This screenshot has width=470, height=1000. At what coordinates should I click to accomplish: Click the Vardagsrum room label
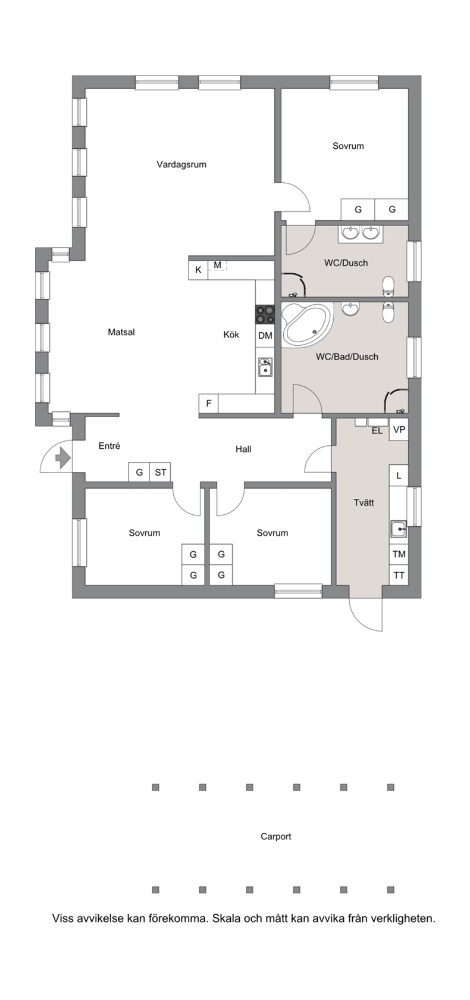click(x=181, y=164)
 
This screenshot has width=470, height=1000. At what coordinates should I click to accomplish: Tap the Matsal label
click(x=121, y=332)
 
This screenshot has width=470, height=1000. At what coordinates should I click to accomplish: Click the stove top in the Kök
click(x=265, y=314)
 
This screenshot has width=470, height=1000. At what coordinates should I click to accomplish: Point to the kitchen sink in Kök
click(x=265, y=367)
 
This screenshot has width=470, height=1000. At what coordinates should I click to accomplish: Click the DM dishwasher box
click(x=265, y=336)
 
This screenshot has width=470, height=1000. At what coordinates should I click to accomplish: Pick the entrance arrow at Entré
click(x=62, y=458)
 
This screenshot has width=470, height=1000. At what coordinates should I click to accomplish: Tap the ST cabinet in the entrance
click(x=160, y=472)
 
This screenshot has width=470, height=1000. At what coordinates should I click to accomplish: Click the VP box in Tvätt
click(x=399, y=430)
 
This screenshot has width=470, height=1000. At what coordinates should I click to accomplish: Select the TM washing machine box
click(x=399, y=554)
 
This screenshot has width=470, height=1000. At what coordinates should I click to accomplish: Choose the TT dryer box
click(x=399, y=575)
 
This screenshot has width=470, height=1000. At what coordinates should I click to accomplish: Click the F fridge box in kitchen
click(x=208, y=404)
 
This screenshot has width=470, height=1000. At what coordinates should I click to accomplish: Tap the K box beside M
click(x=198, y=270)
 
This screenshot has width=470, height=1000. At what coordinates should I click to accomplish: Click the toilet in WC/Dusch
click(x=388, y=286)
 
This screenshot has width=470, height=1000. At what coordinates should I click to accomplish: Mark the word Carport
click(x=276, y=836)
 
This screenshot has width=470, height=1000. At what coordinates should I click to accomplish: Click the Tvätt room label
click(x=364, y=502)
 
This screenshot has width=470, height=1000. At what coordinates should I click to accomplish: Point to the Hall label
click(x=243, y=449)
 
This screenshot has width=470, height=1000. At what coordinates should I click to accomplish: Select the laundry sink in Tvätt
click(x=399, y=529)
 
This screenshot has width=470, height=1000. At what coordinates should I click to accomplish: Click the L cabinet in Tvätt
click(x=399, y=476)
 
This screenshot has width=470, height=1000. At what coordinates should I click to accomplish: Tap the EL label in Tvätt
click(x=377, y=431)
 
